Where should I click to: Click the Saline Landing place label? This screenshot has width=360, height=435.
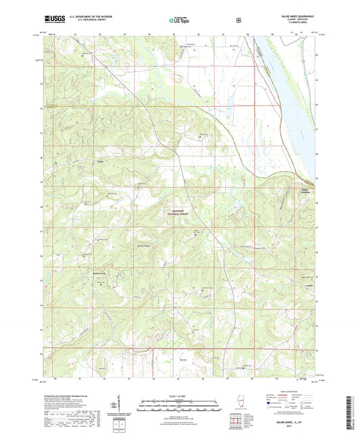coord(309,192)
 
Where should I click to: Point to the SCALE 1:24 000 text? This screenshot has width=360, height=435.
coord(180,395)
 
